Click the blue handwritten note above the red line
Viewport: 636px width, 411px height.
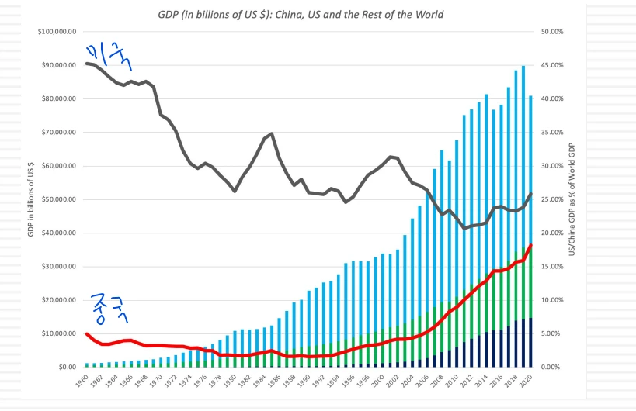pos(106,309)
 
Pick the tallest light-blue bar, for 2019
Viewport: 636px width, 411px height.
pos(523,155)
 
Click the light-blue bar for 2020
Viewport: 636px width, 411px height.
pos(530,171)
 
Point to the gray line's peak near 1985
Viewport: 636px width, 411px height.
pos(271,133)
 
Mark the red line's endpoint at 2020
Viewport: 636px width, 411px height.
pos(530,245)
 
